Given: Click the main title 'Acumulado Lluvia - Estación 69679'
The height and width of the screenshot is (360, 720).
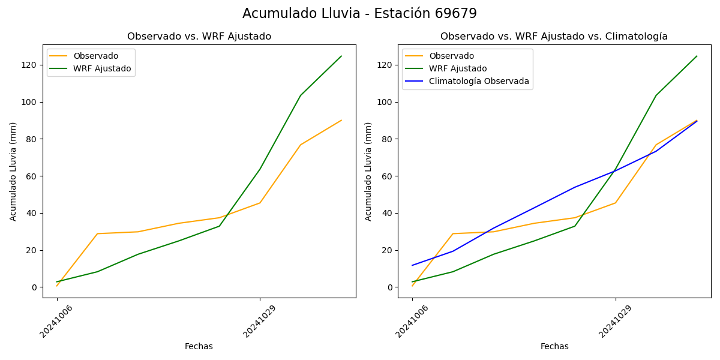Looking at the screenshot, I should (359, 14).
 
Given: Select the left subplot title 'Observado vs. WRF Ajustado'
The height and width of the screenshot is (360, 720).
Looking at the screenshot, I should (199, 37).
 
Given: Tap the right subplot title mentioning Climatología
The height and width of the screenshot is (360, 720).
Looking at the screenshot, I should (554, 37).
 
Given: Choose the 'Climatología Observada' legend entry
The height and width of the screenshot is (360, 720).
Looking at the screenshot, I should (479, 82).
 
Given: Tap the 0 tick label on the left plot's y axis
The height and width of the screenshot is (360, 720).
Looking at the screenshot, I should (35, 287).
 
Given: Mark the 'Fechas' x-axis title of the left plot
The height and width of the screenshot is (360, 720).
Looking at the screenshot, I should (199, 346).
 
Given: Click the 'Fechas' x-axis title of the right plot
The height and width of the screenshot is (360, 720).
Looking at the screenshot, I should (554, 346).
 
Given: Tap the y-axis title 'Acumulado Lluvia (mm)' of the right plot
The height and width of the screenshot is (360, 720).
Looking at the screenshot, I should (368, 171).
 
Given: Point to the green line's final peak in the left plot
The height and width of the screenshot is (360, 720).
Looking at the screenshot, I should (341, 56).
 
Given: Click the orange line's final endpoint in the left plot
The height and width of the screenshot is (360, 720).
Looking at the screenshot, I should (341, 120).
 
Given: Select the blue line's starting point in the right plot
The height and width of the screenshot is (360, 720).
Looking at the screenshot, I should (412, 265).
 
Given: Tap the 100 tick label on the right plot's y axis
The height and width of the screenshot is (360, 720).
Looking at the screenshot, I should (386, 102).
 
